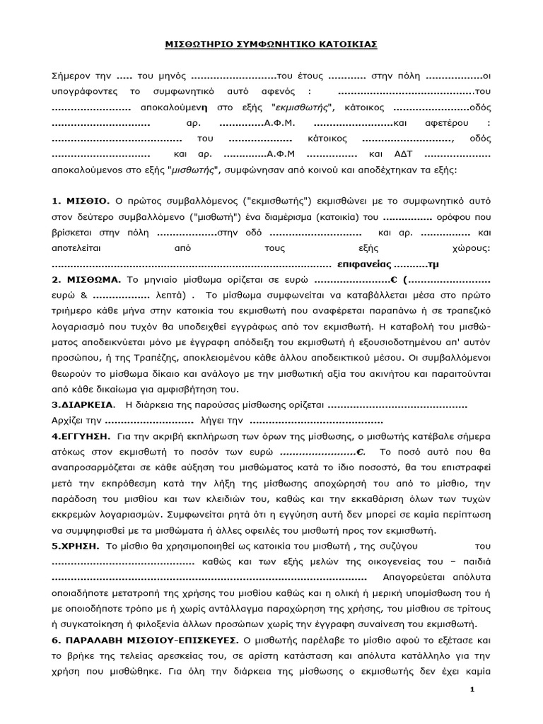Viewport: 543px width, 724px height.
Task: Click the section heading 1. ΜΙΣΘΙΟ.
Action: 81,202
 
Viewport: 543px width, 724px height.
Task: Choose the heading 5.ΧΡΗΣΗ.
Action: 76,546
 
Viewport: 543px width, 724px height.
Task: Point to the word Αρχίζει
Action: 68,421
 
